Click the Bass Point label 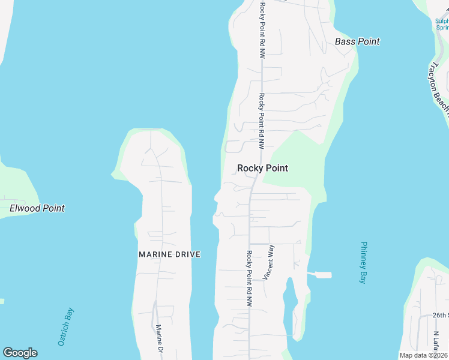[x=357, y=41]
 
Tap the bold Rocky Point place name [x=262, y=168]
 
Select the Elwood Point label [x=37, y=208]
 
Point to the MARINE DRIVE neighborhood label [x=169, y=254]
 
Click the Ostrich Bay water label [x=65, y=327]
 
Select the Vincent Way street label [x=268, y=262]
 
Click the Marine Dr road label [x=160, y=339]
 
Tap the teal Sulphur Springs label [x=442, y=24]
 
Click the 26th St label [x=441, y=315]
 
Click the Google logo [x=20, y=353]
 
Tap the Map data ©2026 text [x=424, y=355]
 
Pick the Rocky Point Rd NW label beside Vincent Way [x=249, y=279]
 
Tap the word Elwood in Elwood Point [x=25, y=208]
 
